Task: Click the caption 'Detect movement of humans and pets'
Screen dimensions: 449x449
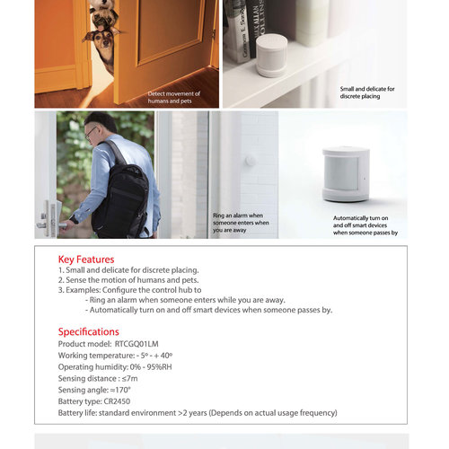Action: (x=175, y=97)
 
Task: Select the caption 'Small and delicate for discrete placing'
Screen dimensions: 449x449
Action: (x=366, y=92)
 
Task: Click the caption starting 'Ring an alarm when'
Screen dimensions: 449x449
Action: (x=241, y=223)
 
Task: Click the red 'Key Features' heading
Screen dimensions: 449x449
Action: (x=86, y=260)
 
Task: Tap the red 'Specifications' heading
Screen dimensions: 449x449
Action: (x=89, y=331)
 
